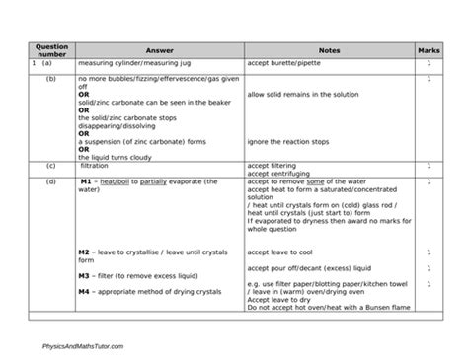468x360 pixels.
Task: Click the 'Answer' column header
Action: point(158,49)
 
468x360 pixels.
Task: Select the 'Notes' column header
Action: point(329,49)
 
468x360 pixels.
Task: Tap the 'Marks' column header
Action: point(429,49)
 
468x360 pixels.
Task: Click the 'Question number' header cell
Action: point(49,49)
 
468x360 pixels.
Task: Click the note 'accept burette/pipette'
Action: point(285,64)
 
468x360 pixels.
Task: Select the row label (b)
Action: point(50,78)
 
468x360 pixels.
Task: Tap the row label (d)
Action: point(50,181)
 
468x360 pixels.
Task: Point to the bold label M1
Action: point(85,182)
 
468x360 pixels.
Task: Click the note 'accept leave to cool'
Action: point(280,252)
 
